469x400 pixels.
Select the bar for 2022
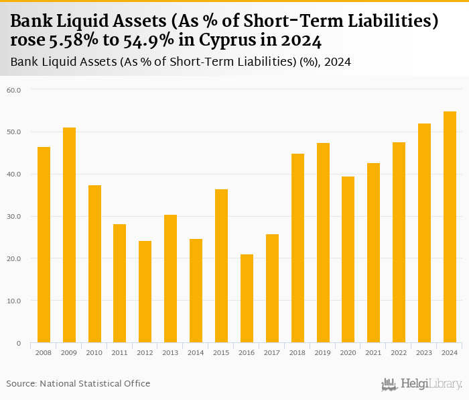[399, 242]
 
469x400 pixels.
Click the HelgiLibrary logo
[422, 384]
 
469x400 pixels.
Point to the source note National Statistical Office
[95, 384]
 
